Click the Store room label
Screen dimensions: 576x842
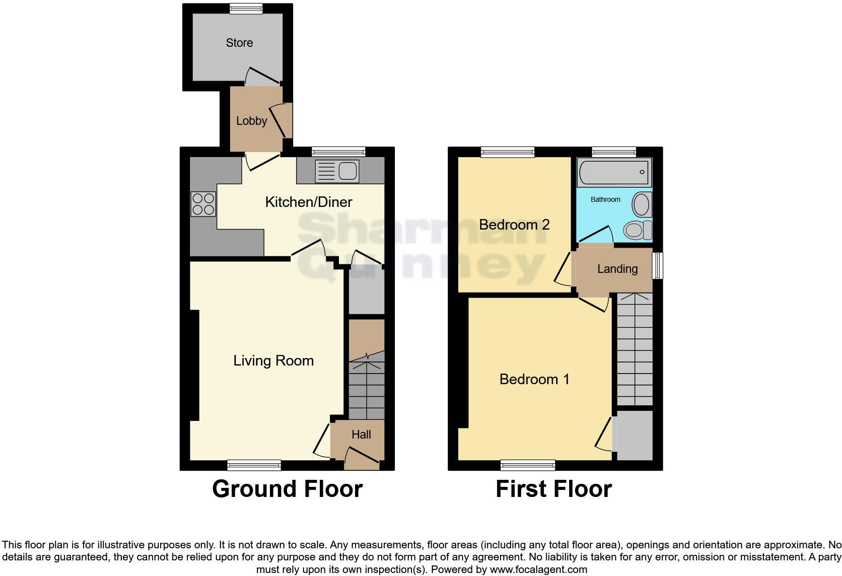(239, 43)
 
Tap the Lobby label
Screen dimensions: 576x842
(251, 121)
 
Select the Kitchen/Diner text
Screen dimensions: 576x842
(308, 202)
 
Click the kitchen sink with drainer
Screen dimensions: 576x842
(336, 171)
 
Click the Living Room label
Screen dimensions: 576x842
(273, 361)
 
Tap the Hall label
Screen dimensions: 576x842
(361, 435)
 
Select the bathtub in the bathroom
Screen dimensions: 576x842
(614, 173)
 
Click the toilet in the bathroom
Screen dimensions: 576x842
(637, 231)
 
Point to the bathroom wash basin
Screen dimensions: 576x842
(641, 204)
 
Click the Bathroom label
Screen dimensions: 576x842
(605, 199)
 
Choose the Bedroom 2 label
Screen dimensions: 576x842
(514, 225)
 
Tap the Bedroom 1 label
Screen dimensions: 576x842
(534, 379)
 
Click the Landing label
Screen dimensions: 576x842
(617, 269)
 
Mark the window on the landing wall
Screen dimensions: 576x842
(658, 265)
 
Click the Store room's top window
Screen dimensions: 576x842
(246, 8)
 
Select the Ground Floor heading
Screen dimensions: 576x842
(287, 489)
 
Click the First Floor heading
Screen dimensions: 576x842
(553, 489)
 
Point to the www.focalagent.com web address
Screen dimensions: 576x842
(538, 569)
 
